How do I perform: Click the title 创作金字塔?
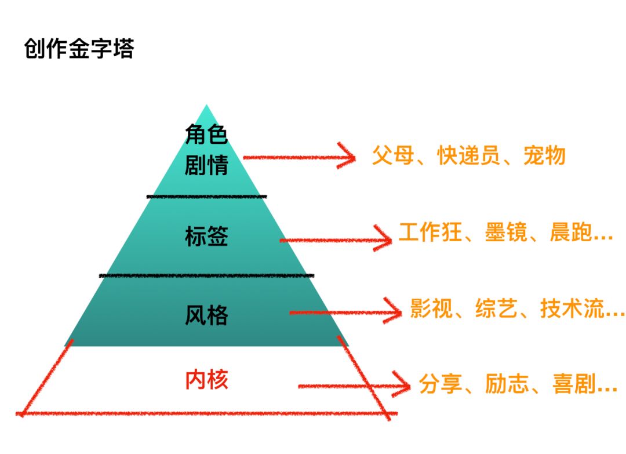[x=79, y=49]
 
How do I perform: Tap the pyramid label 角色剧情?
[x=206, y=150]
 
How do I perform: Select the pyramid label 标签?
[x=206, y=237]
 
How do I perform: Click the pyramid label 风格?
[x=206, y=315]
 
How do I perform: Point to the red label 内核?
[x=206, y=380]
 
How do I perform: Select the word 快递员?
[x=468, y=156]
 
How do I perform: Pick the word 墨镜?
[x=506, y=233]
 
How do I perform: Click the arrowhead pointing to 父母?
[x=347, y=157]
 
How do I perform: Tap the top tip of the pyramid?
[x=206, y=106]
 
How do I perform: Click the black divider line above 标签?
[x=206, y=197]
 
